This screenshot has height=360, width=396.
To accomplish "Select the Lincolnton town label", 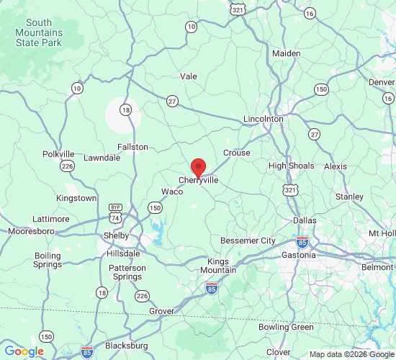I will (x=264, y=118).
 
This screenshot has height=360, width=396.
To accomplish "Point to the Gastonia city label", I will (x=298, y=256).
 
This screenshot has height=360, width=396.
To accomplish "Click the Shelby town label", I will (x=117, y=235).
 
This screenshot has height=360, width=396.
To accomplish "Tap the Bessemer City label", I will (x=248, y=240).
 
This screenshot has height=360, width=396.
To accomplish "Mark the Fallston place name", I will (x=132, y=147).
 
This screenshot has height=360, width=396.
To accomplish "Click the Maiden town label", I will (x=286, y=53).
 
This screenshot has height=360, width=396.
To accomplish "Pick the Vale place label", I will (x=189, y=76).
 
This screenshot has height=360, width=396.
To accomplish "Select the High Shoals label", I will (x=292, y=166).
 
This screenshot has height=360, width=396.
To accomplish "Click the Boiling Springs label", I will (x=48, y=260).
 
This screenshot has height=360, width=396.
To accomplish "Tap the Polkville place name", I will (x=58, y=154).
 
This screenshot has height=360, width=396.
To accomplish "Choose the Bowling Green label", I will (x=286, y=327).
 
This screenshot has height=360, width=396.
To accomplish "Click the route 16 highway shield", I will (x=310, y=13).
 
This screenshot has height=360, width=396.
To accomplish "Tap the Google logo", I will (x=24, y=351).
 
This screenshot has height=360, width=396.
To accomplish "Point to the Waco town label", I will (x=171, y=192).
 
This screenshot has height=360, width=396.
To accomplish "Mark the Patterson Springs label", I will (x=127, y=272).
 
